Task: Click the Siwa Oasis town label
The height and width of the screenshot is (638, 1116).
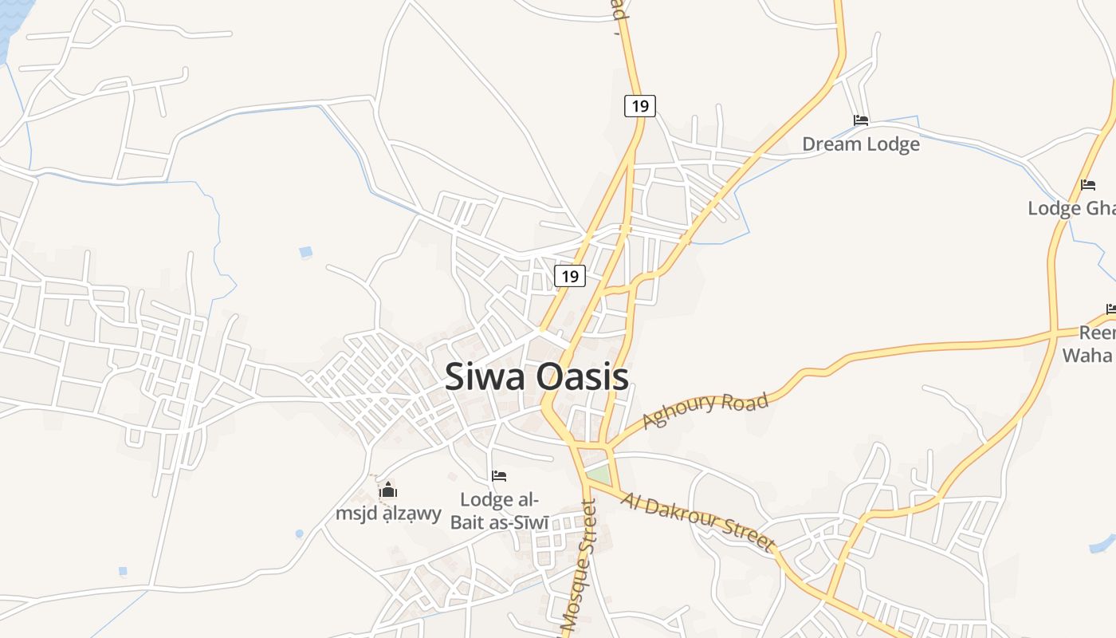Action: tap(536, 377)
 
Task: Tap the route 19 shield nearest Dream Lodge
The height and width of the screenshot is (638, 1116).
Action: tap(639, 105)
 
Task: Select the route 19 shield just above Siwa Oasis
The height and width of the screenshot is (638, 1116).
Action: tap(569, 276)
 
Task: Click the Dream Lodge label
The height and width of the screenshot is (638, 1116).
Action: tap(860, 144)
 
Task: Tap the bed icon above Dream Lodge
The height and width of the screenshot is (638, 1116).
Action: tap(860, 120)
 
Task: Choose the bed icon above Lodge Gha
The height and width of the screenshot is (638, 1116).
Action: tap(1088, 185)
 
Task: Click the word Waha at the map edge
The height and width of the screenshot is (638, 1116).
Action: tap(1089, 355)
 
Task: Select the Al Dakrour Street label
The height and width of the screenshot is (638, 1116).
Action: tap(698, 522)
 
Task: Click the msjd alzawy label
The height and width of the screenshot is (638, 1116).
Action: tap(388, 514)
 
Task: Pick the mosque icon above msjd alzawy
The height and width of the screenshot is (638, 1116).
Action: tap(388, 489)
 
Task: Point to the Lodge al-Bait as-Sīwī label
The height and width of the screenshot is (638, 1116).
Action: tap(500, 511)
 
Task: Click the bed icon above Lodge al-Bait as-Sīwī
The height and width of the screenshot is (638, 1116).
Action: tap(499, 476)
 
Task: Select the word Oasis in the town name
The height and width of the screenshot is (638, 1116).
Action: tap(582, 377)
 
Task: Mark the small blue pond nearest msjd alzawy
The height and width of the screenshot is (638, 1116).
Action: tap(300, 534)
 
